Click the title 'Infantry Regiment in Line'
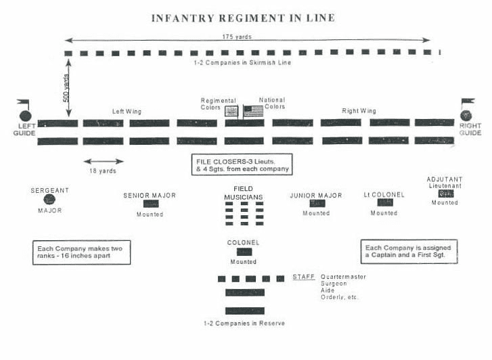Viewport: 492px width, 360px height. (x=243, y=18)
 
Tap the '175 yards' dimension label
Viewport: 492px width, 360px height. (x=237, y=37)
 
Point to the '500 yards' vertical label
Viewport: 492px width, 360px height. (x=66, y=88)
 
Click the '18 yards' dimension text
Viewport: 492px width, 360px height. (x=103, y=171)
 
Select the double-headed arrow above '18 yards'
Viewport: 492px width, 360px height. (x=104, y=162)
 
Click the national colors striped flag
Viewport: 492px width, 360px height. (x=254, y=111)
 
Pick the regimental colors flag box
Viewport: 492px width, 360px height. (x=231, y=111)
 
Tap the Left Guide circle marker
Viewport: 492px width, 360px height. (x=26, y=116)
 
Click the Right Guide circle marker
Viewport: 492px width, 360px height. (x=466, y=116)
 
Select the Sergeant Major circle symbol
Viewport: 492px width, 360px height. (x=49, y=200)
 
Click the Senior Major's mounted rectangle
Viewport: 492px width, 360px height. (x=151, y=204)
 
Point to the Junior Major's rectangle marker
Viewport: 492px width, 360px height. (x=317, y=203)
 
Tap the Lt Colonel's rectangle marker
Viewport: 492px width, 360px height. (x=385, y=202)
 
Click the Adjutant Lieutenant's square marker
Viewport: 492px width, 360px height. (x=446, y=194)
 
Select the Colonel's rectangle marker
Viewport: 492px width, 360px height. (x=244, y=252)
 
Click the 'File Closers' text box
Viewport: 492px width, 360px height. (x=242, y=164)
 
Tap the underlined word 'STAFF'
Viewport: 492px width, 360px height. (x=304, y=277)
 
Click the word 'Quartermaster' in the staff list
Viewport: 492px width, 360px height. (x=343, y=277)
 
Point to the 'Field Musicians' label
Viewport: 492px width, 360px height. (x=243, y=193)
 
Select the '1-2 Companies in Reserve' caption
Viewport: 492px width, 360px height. (x=244, y=323)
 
